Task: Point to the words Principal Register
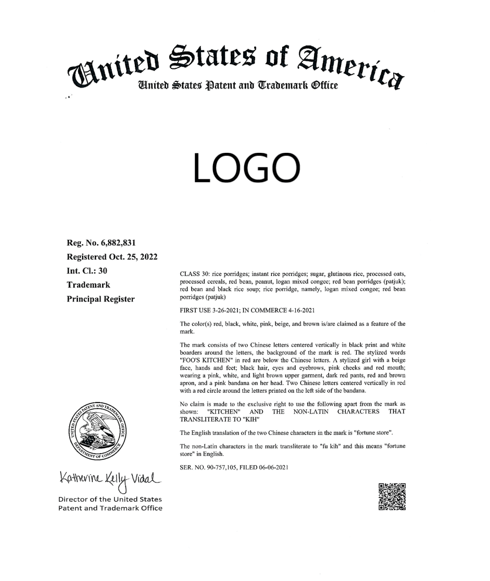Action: [x=100, y=299]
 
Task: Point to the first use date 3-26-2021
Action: [x=227, y=311]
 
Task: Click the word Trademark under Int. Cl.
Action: [x=88, y=285]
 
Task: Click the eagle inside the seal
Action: [x=97, y=425]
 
